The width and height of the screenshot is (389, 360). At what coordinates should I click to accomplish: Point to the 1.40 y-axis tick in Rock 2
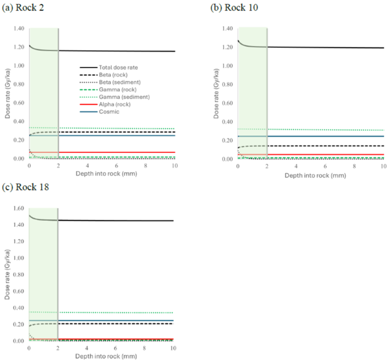[18, 29]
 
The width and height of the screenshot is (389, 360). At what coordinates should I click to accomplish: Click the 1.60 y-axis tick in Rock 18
[18, 208]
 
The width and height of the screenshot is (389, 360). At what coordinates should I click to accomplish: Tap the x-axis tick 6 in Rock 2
[117, 166]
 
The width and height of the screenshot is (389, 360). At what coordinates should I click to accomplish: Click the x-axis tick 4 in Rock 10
[296, 166]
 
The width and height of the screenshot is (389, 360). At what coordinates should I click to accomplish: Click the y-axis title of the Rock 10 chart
[216, 94]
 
